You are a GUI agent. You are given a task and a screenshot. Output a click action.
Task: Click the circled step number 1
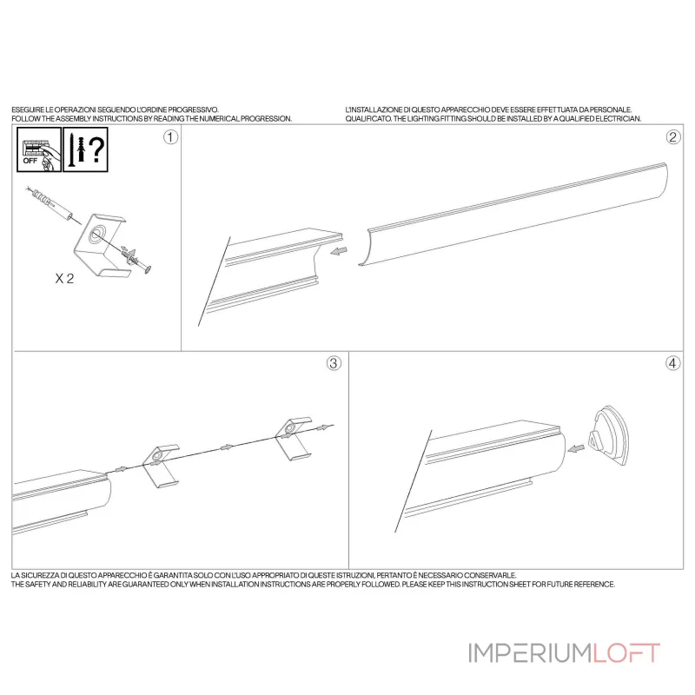click(x=170, y=137)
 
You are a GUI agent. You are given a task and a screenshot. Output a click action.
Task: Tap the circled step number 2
click(x=673, y=137)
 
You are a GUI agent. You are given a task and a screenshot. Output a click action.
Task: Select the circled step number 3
click(x=334, y=363)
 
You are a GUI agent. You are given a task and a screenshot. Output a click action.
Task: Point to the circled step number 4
click(x=672, y=363)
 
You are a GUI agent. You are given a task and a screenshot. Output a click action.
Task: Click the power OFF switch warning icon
click(x=39, y=149)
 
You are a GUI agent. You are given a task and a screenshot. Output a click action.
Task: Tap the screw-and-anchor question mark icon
click(x=85, y=149)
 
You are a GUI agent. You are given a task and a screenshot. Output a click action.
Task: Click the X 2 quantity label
click(x=64, y=278)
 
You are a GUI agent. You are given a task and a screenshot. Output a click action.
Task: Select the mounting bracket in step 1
click(x=101, y=245)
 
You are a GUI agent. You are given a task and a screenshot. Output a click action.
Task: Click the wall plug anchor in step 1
click(x=52, y=203)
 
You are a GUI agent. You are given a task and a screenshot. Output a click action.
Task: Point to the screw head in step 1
click(x=148, y=268)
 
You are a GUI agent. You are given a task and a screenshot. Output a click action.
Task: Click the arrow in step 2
click(x=339, y=251)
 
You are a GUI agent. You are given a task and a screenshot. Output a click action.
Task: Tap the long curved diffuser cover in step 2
click(x=513, y=215)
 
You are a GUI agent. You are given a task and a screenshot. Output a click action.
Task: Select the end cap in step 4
click(x=609, y=435)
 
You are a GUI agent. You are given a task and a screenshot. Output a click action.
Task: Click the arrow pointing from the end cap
click(x=576, y=449)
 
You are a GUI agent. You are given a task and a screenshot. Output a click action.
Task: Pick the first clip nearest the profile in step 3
click(x=161, y=465)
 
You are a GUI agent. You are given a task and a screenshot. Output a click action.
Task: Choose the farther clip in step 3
click(x=294, y=438)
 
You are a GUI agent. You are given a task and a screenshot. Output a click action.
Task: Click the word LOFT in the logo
click(x=626, y=653)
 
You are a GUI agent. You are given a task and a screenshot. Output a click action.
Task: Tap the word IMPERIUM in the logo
click(x=530, y=653)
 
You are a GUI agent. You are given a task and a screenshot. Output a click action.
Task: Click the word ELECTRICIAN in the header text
click(x=619, y=119)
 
